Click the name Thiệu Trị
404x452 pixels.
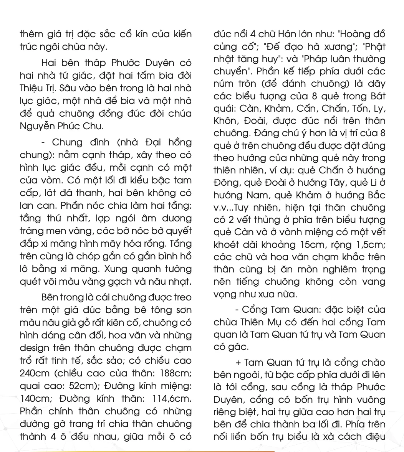coord(38,88)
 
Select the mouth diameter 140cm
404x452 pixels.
coord(35,398)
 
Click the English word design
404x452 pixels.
coord(35,348)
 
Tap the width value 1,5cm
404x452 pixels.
coord(368,244)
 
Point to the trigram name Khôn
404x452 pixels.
coord(226,121)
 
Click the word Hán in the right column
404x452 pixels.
coord(286,35)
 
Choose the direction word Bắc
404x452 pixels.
coord(376,195)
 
